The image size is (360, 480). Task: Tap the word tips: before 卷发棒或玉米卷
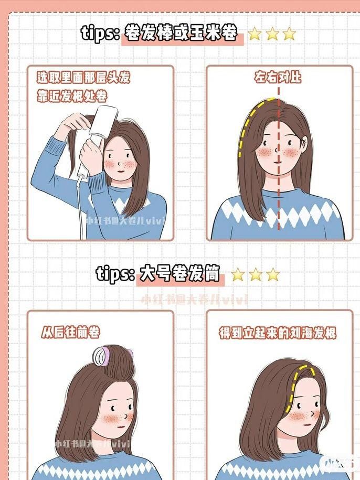pyautogui.click(x=101, y=34)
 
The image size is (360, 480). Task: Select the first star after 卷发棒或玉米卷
pyautogui.click(x=255, y=35)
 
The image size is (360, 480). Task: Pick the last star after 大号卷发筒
pyautogui.click(x=272, y=274)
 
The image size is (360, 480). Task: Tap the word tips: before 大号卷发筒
pyautogui.click(x=116, y=273)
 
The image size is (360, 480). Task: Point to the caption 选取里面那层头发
pyautogui.click(x=83, y=78)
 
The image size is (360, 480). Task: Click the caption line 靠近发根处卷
pyautogui.click(x=71, y=97)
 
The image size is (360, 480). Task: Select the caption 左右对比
pyautogui.click(x=278, y=78)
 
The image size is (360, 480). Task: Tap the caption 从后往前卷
pyautogui.click(x=70, y=332)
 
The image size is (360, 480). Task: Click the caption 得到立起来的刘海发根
pyautogui.click(x=278, y=333)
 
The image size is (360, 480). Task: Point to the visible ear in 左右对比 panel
pyautogui.click(x=305, y=142)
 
